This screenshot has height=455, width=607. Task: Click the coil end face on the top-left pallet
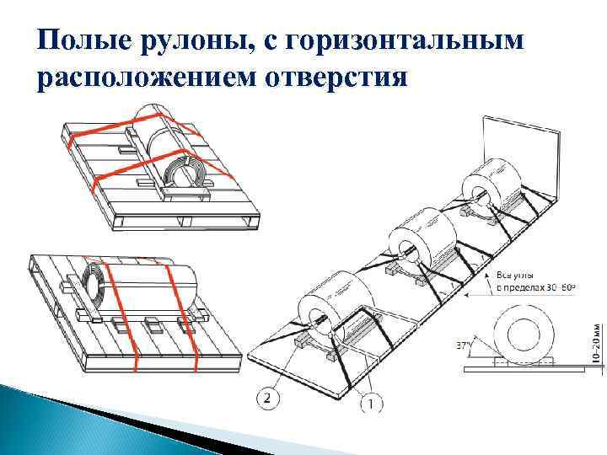[186, 172]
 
